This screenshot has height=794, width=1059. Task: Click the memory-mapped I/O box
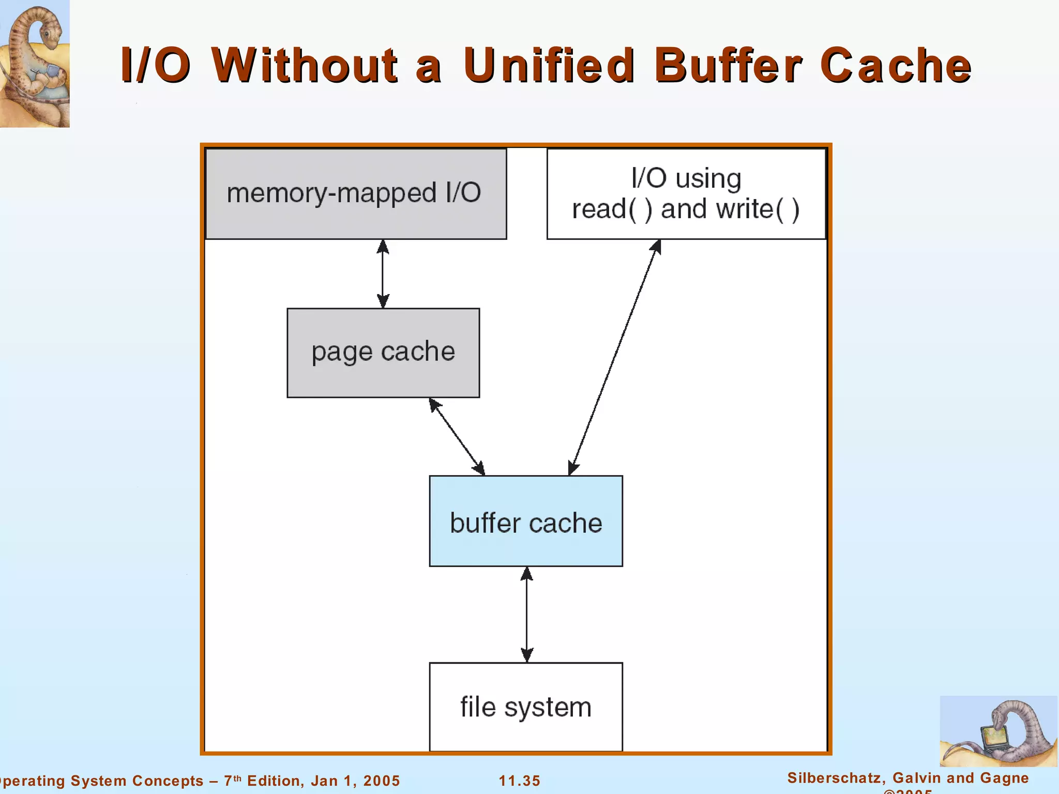[356, 194]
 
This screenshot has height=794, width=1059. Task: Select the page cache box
[383, 353]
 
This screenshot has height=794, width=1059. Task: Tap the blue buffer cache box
[526, 521]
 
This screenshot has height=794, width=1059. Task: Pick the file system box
[526, 707]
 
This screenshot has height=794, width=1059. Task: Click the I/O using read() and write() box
[686, 194]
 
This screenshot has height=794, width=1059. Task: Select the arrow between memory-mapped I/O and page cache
[383, 273]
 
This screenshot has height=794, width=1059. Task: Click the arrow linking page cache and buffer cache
[457, 436]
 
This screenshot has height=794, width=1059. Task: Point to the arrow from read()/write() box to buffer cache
[614, 358]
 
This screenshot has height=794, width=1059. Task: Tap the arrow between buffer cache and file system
[526, 614]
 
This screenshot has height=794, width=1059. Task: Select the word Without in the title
[305, 66]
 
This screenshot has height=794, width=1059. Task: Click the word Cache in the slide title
[896, 66]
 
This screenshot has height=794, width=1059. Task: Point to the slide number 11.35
[519, 781]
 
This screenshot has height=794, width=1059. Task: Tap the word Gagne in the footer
[1005, 778]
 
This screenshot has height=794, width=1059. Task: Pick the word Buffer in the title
[728, 66]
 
